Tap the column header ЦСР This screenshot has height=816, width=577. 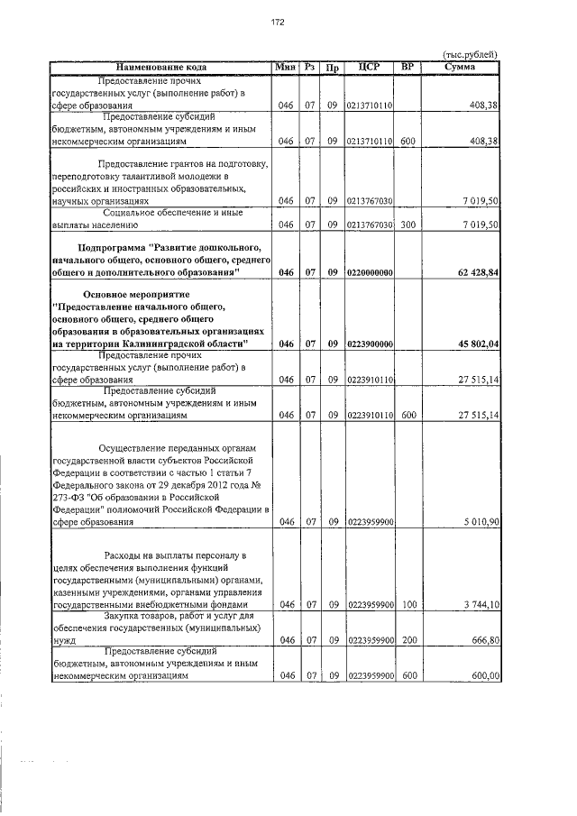click(368, 68)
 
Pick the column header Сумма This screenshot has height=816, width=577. click(461, 68)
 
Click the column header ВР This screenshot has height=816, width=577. click(407, 68)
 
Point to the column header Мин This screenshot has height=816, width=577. click(286, 68)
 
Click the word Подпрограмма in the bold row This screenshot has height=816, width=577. click(117, 247)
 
